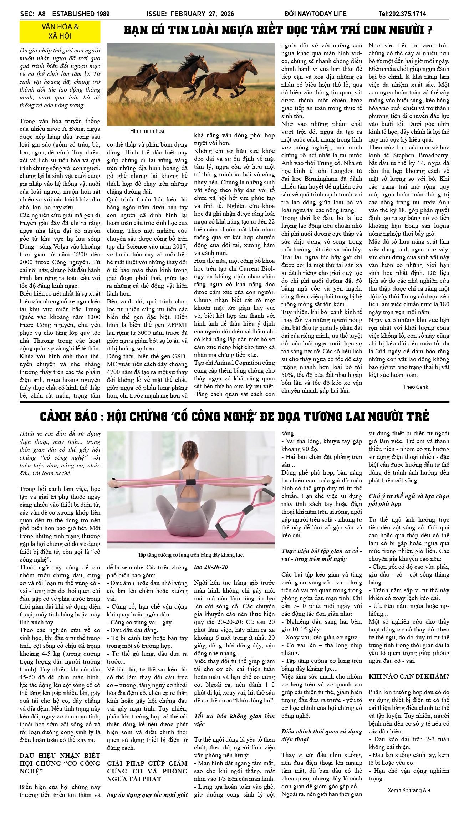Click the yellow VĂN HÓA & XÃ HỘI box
(60, 31)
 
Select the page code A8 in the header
(42, 14)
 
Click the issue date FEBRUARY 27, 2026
(202, 14)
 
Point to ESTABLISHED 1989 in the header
(81, 14)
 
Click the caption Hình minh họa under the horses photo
(147, 131)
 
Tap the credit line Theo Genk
(416, 387)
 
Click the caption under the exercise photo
(191, 555)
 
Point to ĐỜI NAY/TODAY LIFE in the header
(315, 14)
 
